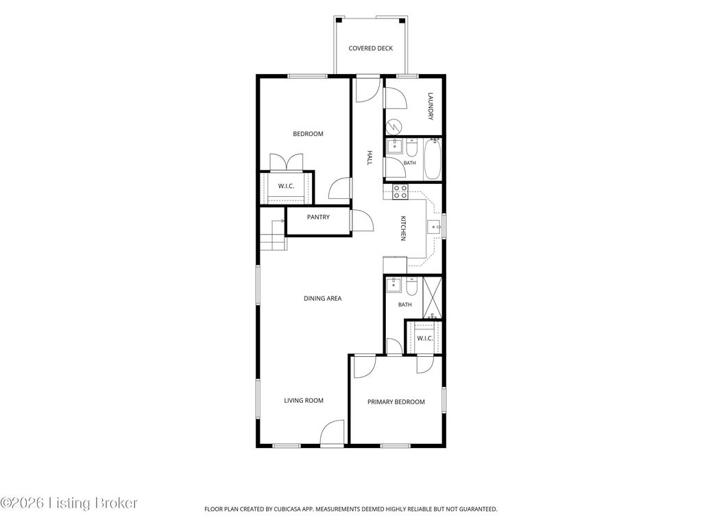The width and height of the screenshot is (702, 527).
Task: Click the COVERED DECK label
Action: (x=370, y=49)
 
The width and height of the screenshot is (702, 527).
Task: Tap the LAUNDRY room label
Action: (x=431, y=106)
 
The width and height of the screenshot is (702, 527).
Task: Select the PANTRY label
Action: (x=318, y=218)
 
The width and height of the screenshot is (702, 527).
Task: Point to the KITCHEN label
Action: (x=403, y=229)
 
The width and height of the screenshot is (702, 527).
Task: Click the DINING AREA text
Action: (x=322, y=298)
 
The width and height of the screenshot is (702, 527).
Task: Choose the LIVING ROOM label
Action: (x=304, y=401)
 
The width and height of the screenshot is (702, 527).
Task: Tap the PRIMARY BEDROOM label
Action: (x=396, y=402)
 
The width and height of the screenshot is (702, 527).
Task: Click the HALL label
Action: (x=370, y=158)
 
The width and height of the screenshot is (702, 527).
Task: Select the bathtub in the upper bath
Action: (x=433, y=159)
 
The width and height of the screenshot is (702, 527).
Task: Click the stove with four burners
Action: (x=400, y=192)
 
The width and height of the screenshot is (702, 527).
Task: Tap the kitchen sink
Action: (x=434, y=228)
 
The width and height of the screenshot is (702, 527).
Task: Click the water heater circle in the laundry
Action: (x=394, y=126)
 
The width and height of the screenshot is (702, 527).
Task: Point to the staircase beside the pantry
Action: (x=273, y=235)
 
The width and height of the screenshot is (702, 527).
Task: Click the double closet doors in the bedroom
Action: (x=286, y=162)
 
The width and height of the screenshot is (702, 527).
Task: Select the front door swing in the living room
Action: (x=332, y=432)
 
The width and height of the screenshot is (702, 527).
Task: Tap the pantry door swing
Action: (x=362, y=220)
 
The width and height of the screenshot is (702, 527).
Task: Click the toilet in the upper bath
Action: (x=411, y=148)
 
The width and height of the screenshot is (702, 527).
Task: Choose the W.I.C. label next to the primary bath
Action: (x=425, y=338)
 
